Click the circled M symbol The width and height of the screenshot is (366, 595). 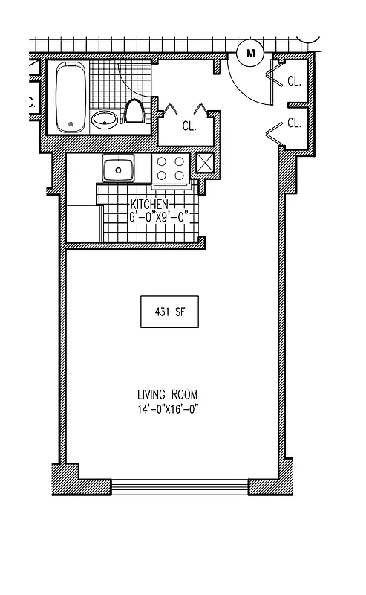[250, 52]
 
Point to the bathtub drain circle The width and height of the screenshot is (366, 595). [71, 123]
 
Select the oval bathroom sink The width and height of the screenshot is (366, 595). [105, 118]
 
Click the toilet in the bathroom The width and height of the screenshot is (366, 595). [134, 112]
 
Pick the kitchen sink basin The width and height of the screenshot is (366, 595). [118, 170]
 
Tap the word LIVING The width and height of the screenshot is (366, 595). [151, 394]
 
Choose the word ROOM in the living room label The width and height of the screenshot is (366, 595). [186, 394]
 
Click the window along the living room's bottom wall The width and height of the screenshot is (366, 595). [180, 487]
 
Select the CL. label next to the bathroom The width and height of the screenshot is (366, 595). [189, 126]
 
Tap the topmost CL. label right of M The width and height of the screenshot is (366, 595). [294, 82]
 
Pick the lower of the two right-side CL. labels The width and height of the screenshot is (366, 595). [294, 123]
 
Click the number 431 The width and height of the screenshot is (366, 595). [162, 312]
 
